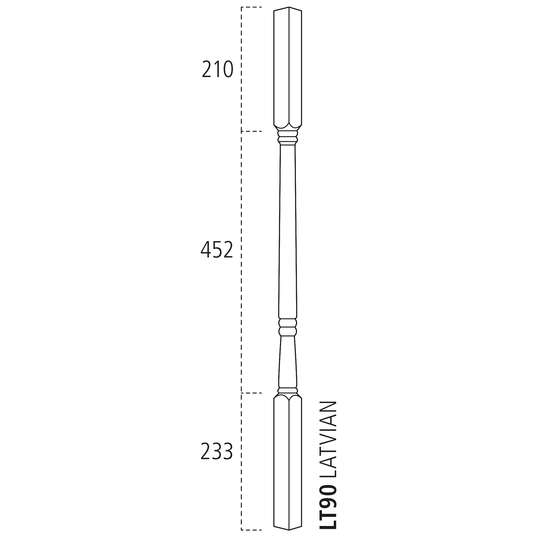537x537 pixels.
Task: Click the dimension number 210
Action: pos(217,69)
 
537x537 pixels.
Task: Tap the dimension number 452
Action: pos(217,249)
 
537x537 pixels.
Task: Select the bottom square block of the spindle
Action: pos(288,461)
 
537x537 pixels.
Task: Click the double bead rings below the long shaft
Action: pos(288,327)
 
